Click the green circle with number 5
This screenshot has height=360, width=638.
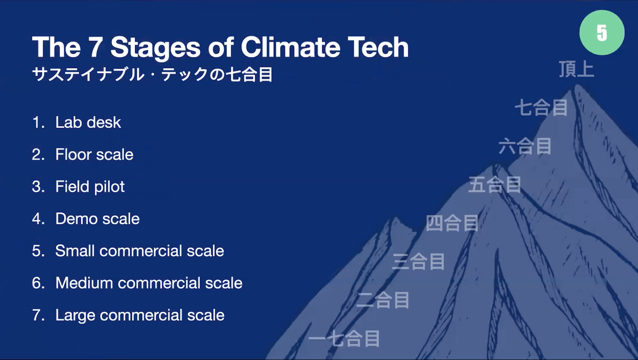[x=602, y=32]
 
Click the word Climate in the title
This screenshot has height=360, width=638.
[x=290, y=47]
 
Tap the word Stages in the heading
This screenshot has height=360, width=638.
[x=155, y=48]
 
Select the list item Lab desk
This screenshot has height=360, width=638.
[x=88, y=122]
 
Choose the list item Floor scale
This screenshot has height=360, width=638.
[x=94, y=154]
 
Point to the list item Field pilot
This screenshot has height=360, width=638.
[x=90, y=187]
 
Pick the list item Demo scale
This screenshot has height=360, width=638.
[x=97, y=219]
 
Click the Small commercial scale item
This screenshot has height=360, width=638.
[x=139, y=251]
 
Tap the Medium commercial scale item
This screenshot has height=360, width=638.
[x=149, y=283]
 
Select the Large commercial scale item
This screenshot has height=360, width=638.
[x=140, y=315]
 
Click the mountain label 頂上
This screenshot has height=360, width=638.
[x=576, y=69]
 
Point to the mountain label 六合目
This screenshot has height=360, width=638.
[x=525, y=146]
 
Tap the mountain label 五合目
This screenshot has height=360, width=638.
[x=495, y=185]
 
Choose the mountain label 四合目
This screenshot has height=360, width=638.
[x=452, y=223]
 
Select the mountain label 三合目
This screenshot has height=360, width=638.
[x=418, y=261]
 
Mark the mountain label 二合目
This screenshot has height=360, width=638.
[x=383, y=299]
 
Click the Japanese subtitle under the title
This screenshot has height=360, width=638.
[x=153, y=74]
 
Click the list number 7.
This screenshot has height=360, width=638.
[x=38, y=315]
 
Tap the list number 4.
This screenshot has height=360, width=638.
[x=38, y=219]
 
